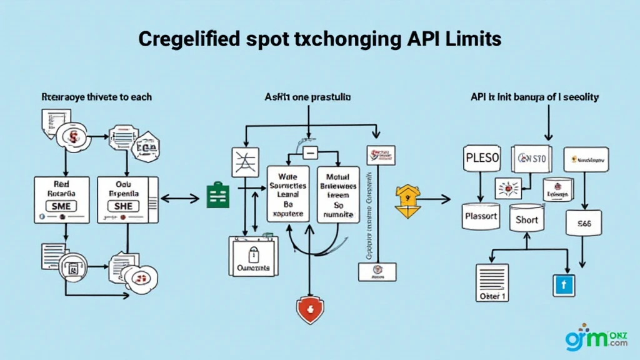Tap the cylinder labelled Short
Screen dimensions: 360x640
(526, 220)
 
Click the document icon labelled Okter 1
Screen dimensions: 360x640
(493, 283)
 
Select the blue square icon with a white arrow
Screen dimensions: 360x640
(562, 284)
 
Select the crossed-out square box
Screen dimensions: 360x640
(244, 162)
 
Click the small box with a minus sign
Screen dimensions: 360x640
(311, 152)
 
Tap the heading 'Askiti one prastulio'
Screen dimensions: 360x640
(307, 97)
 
